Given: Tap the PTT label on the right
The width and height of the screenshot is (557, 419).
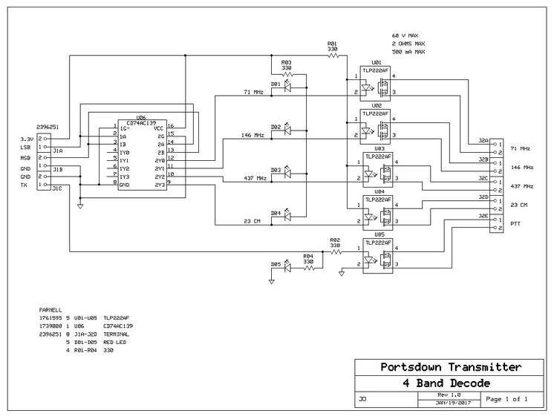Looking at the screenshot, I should click(516, 223).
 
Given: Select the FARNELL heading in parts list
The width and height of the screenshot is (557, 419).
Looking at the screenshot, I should click(51, 308).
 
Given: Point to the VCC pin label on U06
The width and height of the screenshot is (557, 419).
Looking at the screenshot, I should click(159, 128).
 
